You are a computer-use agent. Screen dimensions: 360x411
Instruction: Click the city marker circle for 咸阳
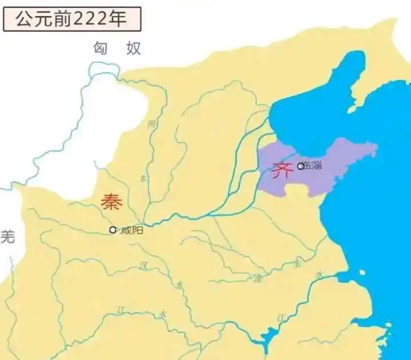pyautogui.click(x=113, y=230)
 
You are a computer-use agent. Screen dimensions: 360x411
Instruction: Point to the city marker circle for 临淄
pyautogui.click(x=301, y=166)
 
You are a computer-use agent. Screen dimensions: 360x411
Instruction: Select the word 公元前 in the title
pyautogui.click(x=40, y=18)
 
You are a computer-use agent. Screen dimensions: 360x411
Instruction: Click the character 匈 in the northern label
pyautogui.click(x=101, y=49)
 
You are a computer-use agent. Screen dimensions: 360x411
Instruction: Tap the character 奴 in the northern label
pyautogui.click(x=133, y=49)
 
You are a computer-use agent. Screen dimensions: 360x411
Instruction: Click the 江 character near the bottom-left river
pyautogui.click(x=120, y=309)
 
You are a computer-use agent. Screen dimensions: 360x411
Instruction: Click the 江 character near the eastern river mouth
pyautogui.click(x=280, y=318)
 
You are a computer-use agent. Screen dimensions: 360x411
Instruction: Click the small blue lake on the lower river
pyautogui.click(x=264, y=338)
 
